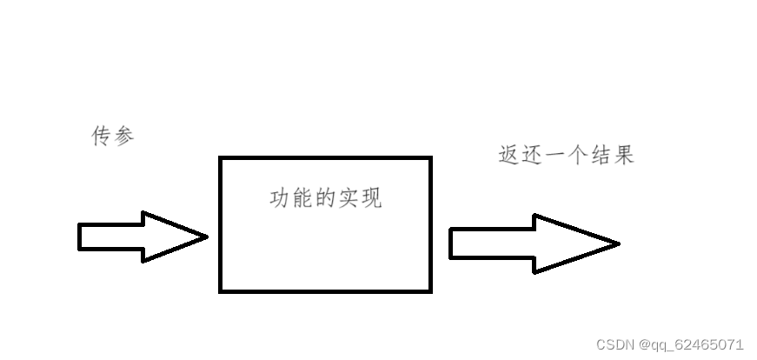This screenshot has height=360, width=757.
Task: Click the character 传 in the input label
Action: point(103,137)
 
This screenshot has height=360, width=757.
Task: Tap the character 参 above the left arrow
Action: point(124,137)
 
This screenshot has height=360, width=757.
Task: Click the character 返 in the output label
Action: point(509,156)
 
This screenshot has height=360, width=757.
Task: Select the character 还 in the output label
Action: point(532,156)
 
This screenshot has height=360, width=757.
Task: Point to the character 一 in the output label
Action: point(555,156)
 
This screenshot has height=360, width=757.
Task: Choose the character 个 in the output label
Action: point(578,156)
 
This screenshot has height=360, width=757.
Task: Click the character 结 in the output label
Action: point(601,156)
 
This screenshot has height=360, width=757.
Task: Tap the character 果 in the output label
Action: point(623,156)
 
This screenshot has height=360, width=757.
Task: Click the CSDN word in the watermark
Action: point(616,343)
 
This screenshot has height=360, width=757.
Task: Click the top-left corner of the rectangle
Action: point(221,158)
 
